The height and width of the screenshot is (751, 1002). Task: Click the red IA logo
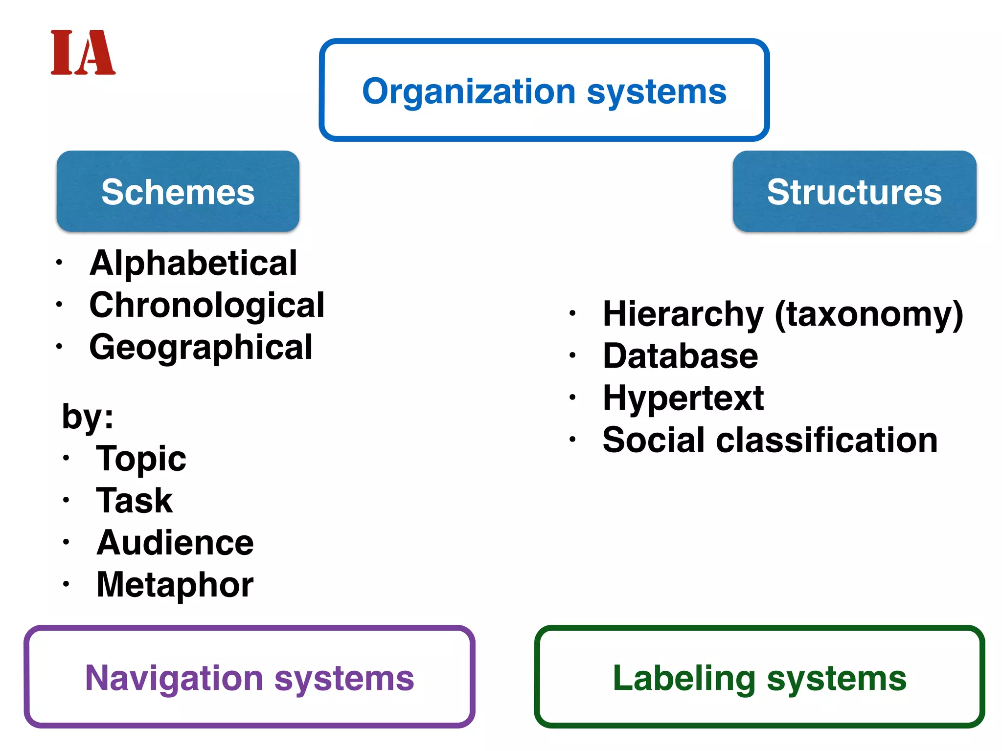coord(83,52)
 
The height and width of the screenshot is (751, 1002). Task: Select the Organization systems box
coord(544,91)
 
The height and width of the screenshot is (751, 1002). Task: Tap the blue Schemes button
coord(178,192)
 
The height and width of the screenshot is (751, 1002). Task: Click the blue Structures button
coord(854,192)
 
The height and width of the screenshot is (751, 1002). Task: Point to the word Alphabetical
coord(193,263)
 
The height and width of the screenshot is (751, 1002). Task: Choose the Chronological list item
coord(206,305)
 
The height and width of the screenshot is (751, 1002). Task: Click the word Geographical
coord(201,347)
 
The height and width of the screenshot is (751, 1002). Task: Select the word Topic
coord(141,459)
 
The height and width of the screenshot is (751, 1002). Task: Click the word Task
coord(135,501)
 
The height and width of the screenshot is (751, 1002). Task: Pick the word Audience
coord(175,543)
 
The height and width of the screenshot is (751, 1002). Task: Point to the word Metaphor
coord(175,585)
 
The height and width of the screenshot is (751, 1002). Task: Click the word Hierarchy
coord(683,314)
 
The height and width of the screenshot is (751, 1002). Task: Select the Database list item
coord(681,356)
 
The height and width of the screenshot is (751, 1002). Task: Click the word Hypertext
coord(683,398)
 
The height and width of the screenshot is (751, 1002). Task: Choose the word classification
coord(827,440)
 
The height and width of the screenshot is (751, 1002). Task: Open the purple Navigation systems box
coord(250,678)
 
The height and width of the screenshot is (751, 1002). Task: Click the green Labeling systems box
coord(759,678)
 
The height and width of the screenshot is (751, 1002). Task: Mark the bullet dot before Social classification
coord(572,439)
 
